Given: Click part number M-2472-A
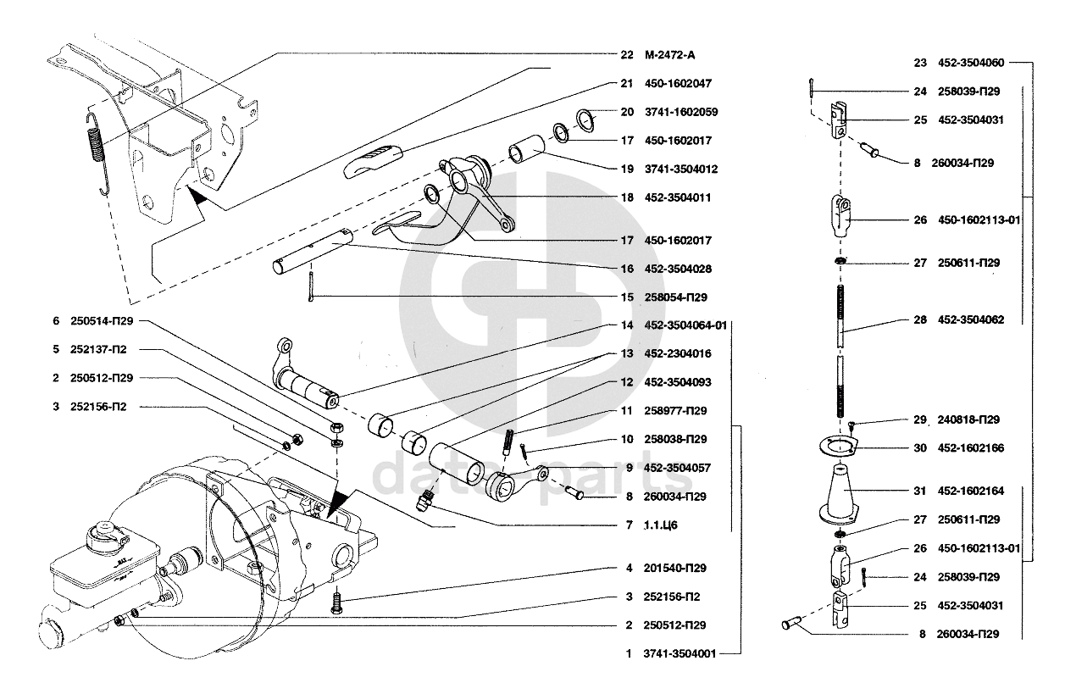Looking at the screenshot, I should tap(672, 55).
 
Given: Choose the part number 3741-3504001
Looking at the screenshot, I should tap(680, 653).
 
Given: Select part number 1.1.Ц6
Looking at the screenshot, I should tap(661, 525).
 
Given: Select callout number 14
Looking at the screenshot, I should tap(627, 325).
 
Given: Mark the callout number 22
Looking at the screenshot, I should tap(627, 55).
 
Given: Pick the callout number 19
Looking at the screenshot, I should tap(627, 169).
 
